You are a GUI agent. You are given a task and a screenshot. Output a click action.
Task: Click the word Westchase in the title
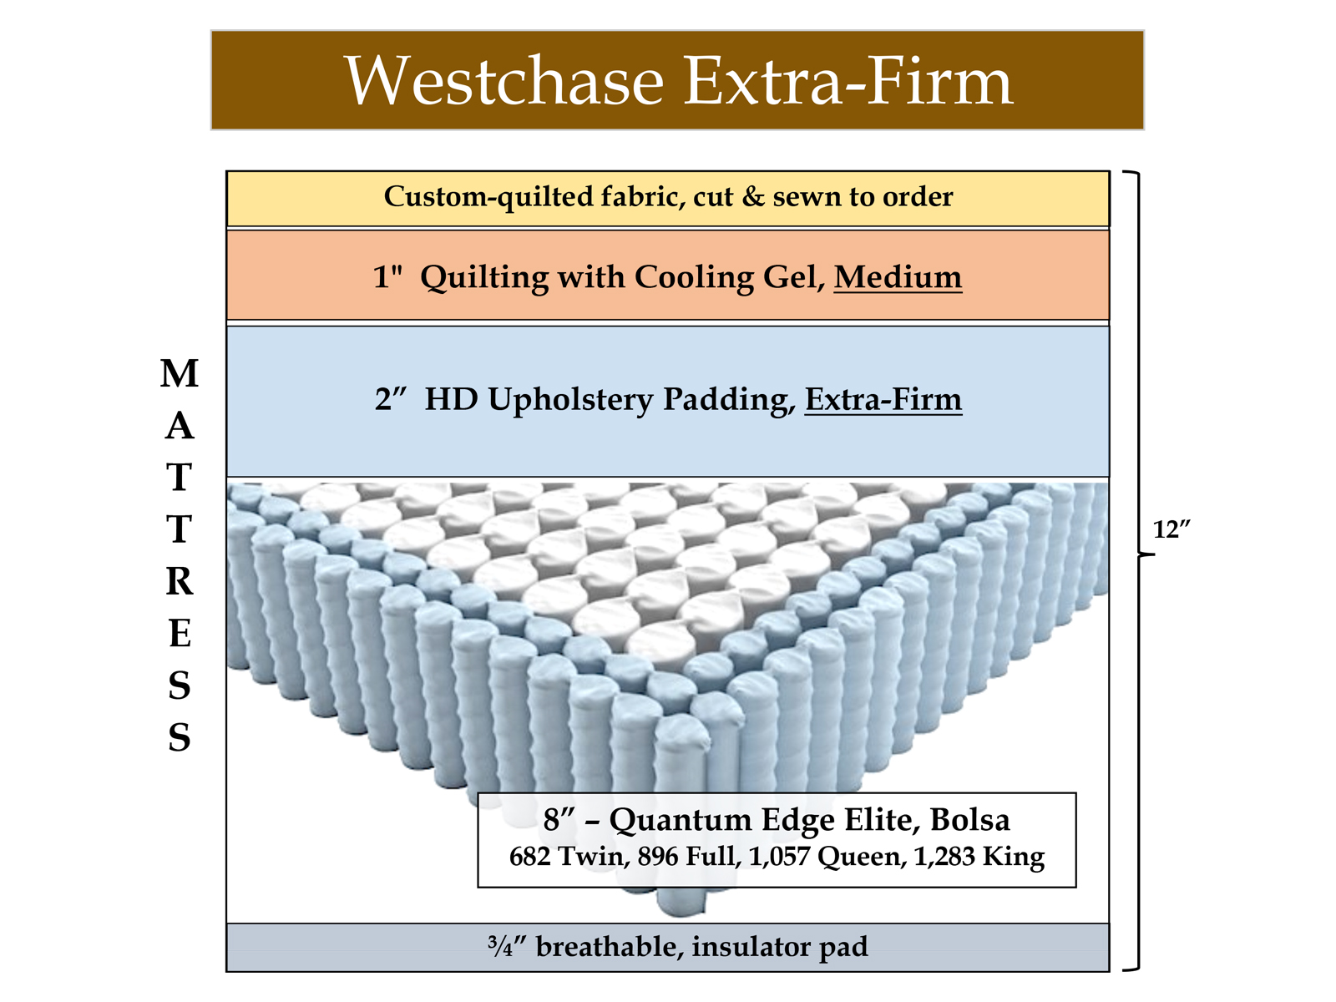504,81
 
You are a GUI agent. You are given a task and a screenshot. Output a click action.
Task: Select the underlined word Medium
898,276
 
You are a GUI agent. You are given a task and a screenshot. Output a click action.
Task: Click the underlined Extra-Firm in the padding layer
883,399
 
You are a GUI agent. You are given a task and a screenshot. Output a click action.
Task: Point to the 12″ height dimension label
1172,529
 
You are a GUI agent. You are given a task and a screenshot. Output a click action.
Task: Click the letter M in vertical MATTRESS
180,374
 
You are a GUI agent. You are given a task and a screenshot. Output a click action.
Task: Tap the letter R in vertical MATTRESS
180,582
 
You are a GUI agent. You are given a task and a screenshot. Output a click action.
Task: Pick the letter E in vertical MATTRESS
180,634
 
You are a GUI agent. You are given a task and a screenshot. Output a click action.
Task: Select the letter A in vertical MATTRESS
180,427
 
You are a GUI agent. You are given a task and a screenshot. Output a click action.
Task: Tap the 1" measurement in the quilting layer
387,276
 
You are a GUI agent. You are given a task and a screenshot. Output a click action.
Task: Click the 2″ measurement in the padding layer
390,399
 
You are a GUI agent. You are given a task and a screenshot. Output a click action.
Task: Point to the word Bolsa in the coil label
969,820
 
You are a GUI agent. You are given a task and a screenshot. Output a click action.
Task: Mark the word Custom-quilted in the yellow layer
488,197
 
